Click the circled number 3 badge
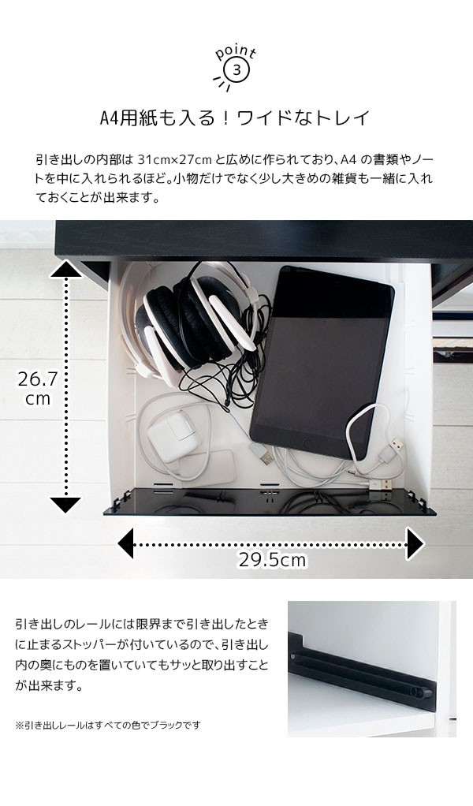(x=236, y=71)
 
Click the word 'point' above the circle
(x=236, y=53)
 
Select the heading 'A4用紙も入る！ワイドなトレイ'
(x=235, y=118)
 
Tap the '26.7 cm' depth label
(x=38, y=388)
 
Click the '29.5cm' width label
(x=272, y=560)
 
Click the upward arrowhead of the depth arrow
(x=65, y=268)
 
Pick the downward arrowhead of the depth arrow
(x=65, y=504)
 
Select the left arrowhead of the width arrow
(x=126, y=543)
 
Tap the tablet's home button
(x=307, y=442)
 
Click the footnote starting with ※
(x=108, y=726)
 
